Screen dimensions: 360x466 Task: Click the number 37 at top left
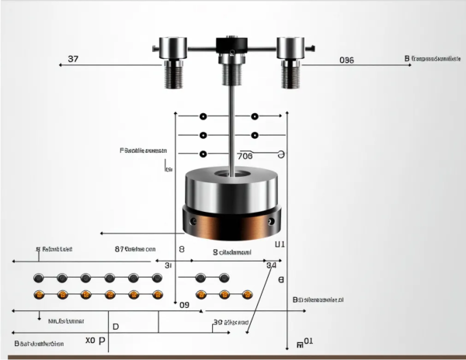pyautogui.click(x=73, y=59)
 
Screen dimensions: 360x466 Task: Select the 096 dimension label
pyautogui.click(x=346, y=60)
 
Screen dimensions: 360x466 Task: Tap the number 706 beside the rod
pyautogui.click(x=245, y=155)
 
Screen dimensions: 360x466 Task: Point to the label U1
pyautogui.click(x=280, y=244)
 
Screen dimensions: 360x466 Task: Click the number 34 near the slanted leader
pyautogui.click(x=271, y=265)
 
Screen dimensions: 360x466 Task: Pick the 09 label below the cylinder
pyautogui.click(x=185, y=305)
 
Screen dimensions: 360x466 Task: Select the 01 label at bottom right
pyautogui.click(x=308, y=341)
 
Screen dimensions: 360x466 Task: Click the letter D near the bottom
pyautogui.click(x=116, y=327)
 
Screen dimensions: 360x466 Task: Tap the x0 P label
pyautogui.click(x=95, y=341)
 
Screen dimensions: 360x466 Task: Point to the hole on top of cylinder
pyautogui.click(x=230, y=175)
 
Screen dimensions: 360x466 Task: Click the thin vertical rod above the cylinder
pyautogui.click(x=231, y=124)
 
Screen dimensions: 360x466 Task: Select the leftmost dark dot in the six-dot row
pyautogui.click(x=39, y=278)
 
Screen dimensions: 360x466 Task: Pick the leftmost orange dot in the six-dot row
pyautogui.click(x=39, y=294)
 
